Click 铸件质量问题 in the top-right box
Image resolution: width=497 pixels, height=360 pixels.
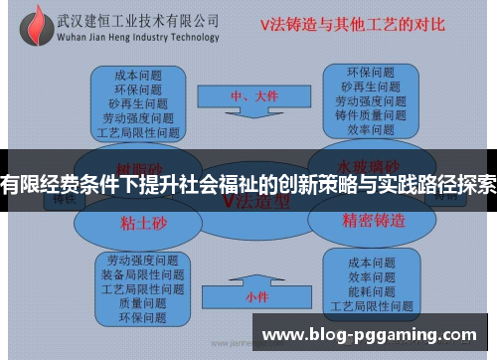(370, 114)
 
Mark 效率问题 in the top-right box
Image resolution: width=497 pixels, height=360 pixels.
(370, 129)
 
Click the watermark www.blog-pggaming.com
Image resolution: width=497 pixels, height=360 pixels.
(369, 336)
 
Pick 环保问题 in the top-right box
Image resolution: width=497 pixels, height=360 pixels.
(370, 72)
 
